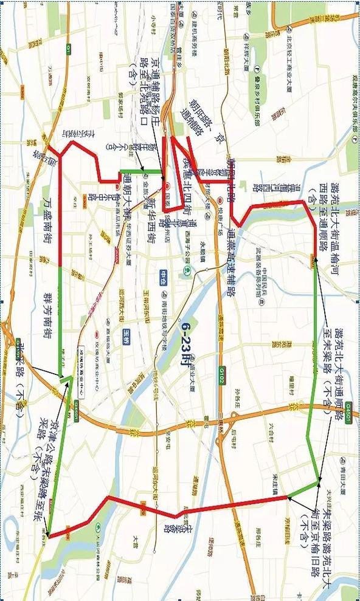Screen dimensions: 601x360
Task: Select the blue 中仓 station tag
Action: pos(164,276)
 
